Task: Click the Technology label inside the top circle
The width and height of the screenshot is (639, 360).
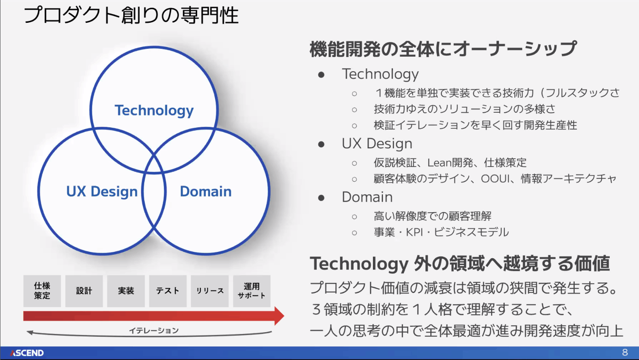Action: pos(154,111)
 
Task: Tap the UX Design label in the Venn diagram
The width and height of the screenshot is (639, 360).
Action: pos(102,192)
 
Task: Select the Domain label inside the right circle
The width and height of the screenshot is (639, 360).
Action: pos(206,192)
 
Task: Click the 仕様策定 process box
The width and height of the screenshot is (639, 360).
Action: pos(42,291)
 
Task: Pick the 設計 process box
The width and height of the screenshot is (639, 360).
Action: pos(84,291)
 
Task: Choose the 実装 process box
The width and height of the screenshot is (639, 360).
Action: pos(126,291)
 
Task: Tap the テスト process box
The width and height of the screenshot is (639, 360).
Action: pos(168,291)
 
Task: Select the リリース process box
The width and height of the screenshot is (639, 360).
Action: pos(210,291)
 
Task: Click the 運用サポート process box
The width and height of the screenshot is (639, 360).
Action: pos(251,291)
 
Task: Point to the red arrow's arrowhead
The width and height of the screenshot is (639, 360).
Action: pos(279,316)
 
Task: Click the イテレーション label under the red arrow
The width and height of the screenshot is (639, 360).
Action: pos(154,331)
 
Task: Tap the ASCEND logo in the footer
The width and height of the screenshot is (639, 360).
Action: pos(27,353)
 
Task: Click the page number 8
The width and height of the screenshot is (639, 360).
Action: pos(625,353)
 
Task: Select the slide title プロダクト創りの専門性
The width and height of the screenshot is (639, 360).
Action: pos(131,15)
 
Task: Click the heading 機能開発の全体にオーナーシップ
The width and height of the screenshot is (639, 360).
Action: pos(443,49)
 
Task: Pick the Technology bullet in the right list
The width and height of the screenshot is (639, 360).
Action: pos(380,74)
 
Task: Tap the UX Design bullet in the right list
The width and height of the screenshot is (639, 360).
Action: pos(377,143)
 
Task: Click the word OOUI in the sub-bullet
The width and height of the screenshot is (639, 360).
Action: pos(495,179)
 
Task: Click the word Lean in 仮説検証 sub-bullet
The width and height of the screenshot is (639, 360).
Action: pos(439,163)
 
